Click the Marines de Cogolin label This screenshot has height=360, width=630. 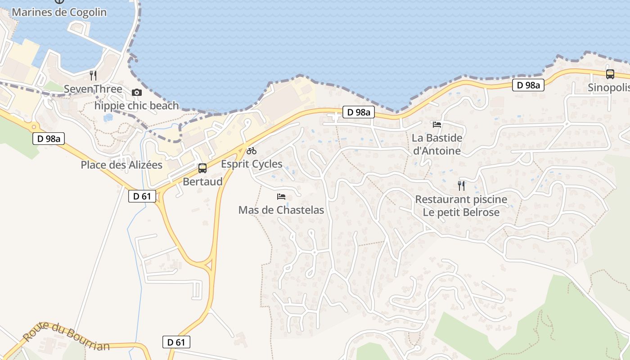(59, 12)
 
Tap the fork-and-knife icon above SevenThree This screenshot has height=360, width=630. (93, 75)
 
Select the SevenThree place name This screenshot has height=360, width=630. (93, 89)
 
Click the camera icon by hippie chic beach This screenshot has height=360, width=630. (136, 92)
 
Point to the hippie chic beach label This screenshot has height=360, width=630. (136, 106)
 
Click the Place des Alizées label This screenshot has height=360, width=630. (121, 165)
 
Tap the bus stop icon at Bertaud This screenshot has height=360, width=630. (202, 168)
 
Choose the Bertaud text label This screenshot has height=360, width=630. (202, 181)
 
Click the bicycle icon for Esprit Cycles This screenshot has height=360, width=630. (252, 151)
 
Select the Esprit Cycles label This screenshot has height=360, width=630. (252, 164)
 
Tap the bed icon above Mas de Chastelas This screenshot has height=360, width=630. (281, 196)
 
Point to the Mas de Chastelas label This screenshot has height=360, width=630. (281, 210)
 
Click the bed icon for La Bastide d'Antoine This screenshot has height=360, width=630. (436, 124)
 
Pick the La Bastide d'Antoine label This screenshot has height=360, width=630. (437, 144)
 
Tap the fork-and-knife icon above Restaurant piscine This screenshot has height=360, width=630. (461, 185)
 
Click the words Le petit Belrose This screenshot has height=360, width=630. (461, 212)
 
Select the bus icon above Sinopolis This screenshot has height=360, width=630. (610, 74)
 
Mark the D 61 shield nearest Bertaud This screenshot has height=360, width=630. (142, 196)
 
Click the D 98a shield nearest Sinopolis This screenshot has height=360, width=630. (528, 85)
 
